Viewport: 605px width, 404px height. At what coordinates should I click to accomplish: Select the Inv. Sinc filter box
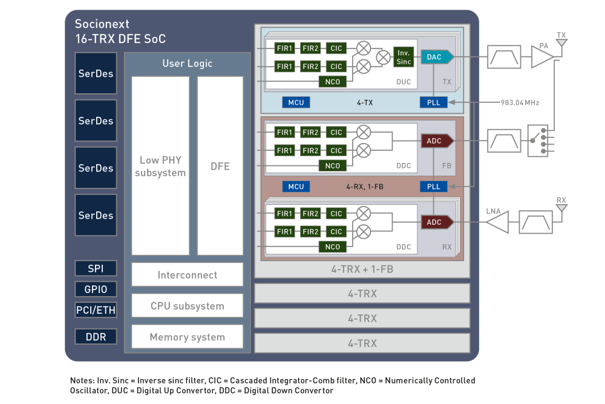(x=404, y=57)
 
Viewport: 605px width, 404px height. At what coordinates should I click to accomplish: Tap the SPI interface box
(x=96, y=268)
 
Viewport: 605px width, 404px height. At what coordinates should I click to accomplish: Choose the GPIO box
(x=96, y=290)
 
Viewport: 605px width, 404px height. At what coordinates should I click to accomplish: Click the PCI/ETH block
(x=96, y=310)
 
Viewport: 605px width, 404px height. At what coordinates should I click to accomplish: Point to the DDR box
(x=96, y=337)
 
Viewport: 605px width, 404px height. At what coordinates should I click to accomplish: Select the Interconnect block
(x=187, y=274)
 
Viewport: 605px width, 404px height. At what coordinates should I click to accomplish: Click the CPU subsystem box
(x=187, y=306)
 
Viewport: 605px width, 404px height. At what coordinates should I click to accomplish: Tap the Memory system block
(x=187, y=337)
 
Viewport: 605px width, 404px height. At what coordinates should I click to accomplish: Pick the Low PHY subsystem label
(x=160, y=167)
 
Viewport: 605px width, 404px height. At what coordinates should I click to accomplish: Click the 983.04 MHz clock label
(x=520, y=103)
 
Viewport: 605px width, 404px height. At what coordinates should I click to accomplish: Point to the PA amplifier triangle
(x=543, y=57)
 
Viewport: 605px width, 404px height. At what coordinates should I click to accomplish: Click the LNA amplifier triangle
(x=497, y=222)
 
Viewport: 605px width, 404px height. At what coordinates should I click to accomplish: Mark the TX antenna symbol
(x=561, y=42)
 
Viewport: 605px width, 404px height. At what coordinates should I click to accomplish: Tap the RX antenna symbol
(x=561, y=208)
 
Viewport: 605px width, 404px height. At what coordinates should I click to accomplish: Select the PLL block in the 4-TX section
(x=434, y=103)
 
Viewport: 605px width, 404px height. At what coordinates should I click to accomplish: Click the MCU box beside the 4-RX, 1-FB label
(x=296, y=187)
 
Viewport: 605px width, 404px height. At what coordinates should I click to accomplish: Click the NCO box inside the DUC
(x=333, y=82)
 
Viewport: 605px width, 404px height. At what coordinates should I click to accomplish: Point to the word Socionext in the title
(x=102, y=24)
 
